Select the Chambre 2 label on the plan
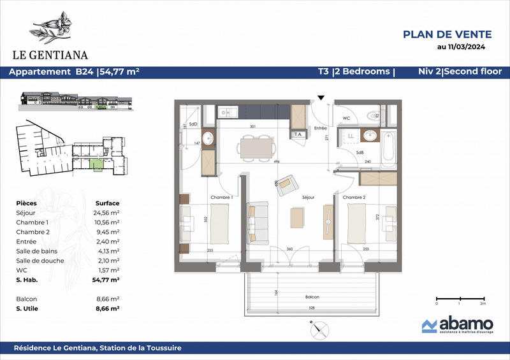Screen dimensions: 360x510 click(354, 198)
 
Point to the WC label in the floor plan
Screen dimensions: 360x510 click(346, 119)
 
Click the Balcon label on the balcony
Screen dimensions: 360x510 click(311, 298)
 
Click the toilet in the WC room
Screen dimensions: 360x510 click(374, 116)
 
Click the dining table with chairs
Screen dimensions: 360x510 click(254, 147)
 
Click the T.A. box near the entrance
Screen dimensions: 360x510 click(298, 134)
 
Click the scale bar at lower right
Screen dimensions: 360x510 click(459, 298)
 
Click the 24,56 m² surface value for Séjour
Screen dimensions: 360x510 click(106, 212)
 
